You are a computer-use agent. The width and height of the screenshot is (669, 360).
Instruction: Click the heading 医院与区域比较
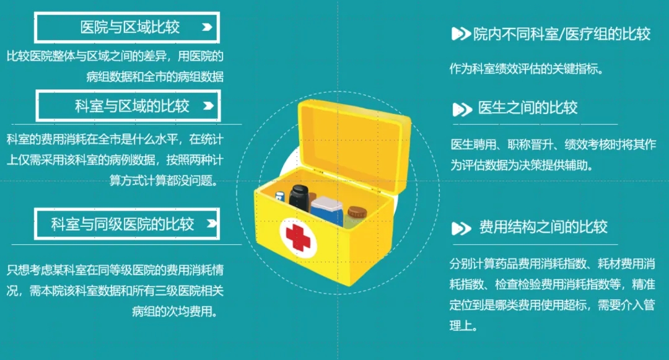[x=130, y=27]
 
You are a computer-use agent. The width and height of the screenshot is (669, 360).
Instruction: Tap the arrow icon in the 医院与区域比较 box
[x=207, y=27]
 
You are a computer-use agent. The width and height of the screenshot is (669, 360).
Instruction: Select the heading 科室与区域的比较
[x=133, y=106]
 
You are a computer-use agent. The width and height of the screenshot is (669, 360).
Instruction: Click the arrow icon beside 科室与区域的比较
[x=208, y=106]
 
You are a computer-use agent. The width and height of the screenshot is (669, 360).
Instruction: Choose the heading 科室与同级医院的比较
[x=123, y=224]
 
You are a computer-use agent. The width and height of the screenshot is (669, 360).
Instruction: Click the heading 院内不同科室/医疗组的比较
[x=562, y=33]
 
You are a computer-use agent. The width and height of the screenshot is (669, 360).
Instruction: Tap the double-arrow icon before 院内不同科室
[x=461, y=33]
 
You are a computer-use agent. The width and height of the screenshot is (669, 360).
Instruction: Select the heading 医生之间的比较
[x=528, y=107]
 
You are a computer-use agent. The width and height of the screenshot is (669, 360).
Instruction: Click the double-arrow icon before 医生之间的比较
[x=462, y=110]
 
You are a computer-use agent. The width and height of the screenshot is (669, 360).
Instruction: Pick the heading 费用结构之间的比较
[x=543, y=227]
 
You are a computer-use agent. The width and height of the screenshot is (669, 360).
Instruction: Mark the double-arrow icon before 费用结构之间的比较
[x=461, y=229]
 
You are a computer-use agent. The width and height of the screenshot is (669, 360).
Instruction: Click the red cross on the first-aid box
[x=298, y=237]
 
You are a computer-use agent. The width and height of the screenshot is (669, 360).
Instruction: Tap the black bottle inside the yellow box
[x=299, y=198]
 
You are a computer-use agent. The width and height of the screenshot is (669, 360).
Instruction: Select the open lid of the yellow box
[x=354, y=141]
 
